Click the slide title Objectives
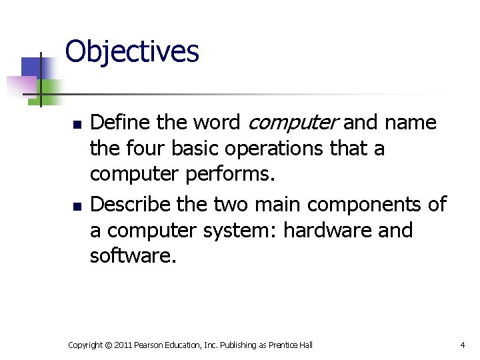132,51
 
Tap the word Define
119,123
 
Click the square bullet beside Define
77,125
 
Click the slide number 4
462,345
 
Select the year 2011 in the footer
123,345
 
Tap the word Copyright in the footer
85,345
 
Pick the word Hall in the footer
305,345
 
